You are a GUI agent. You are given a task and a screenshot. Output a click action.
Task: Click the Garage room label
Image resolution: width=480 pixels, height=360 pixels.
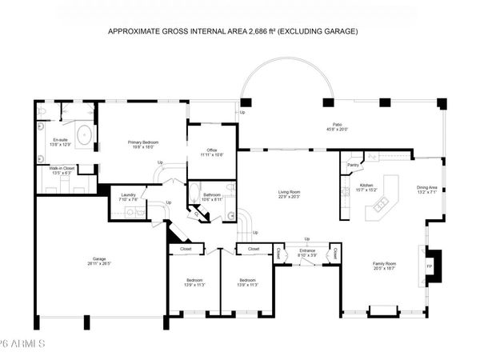(x=100, y=259)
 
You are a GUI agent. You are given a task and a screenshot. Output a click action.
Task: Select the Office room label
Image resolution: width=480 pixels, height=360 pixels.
(x=212, y=150)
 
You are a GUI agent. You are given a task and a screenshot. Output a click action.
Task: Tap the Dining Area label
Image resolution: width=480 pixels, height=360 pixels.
(x=427, y=189)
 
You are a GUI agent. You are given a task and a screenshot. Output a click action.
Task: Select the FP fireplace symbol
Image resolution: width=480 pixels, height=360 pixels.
(x=429, y=266)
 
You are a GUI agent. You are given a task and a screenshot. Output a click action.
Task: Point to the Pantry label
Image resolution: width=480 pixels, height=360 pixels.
(x=353, y=166)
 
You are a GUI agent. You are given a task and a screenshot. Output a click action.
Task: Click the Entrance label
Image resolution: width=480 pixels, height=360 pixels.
(x=307, y=250)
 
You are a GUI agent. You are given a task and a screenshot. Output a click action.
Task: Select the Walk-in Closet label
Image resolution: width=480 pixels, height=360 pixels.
(x=63, y=168)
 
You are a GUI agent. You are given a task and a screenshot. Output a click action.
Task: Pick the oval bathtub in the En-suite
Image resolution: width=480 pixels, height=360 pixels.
(x=83, y=132)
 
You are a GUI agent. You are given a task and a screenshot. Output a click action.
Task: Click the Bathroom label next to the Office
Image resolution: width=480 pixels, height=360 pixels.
(x=212, y=194)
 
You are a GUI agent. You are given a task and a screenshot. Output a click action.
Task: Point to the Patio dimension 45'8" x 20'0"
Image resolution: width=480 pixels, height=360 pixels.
(x=338, y=130)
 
